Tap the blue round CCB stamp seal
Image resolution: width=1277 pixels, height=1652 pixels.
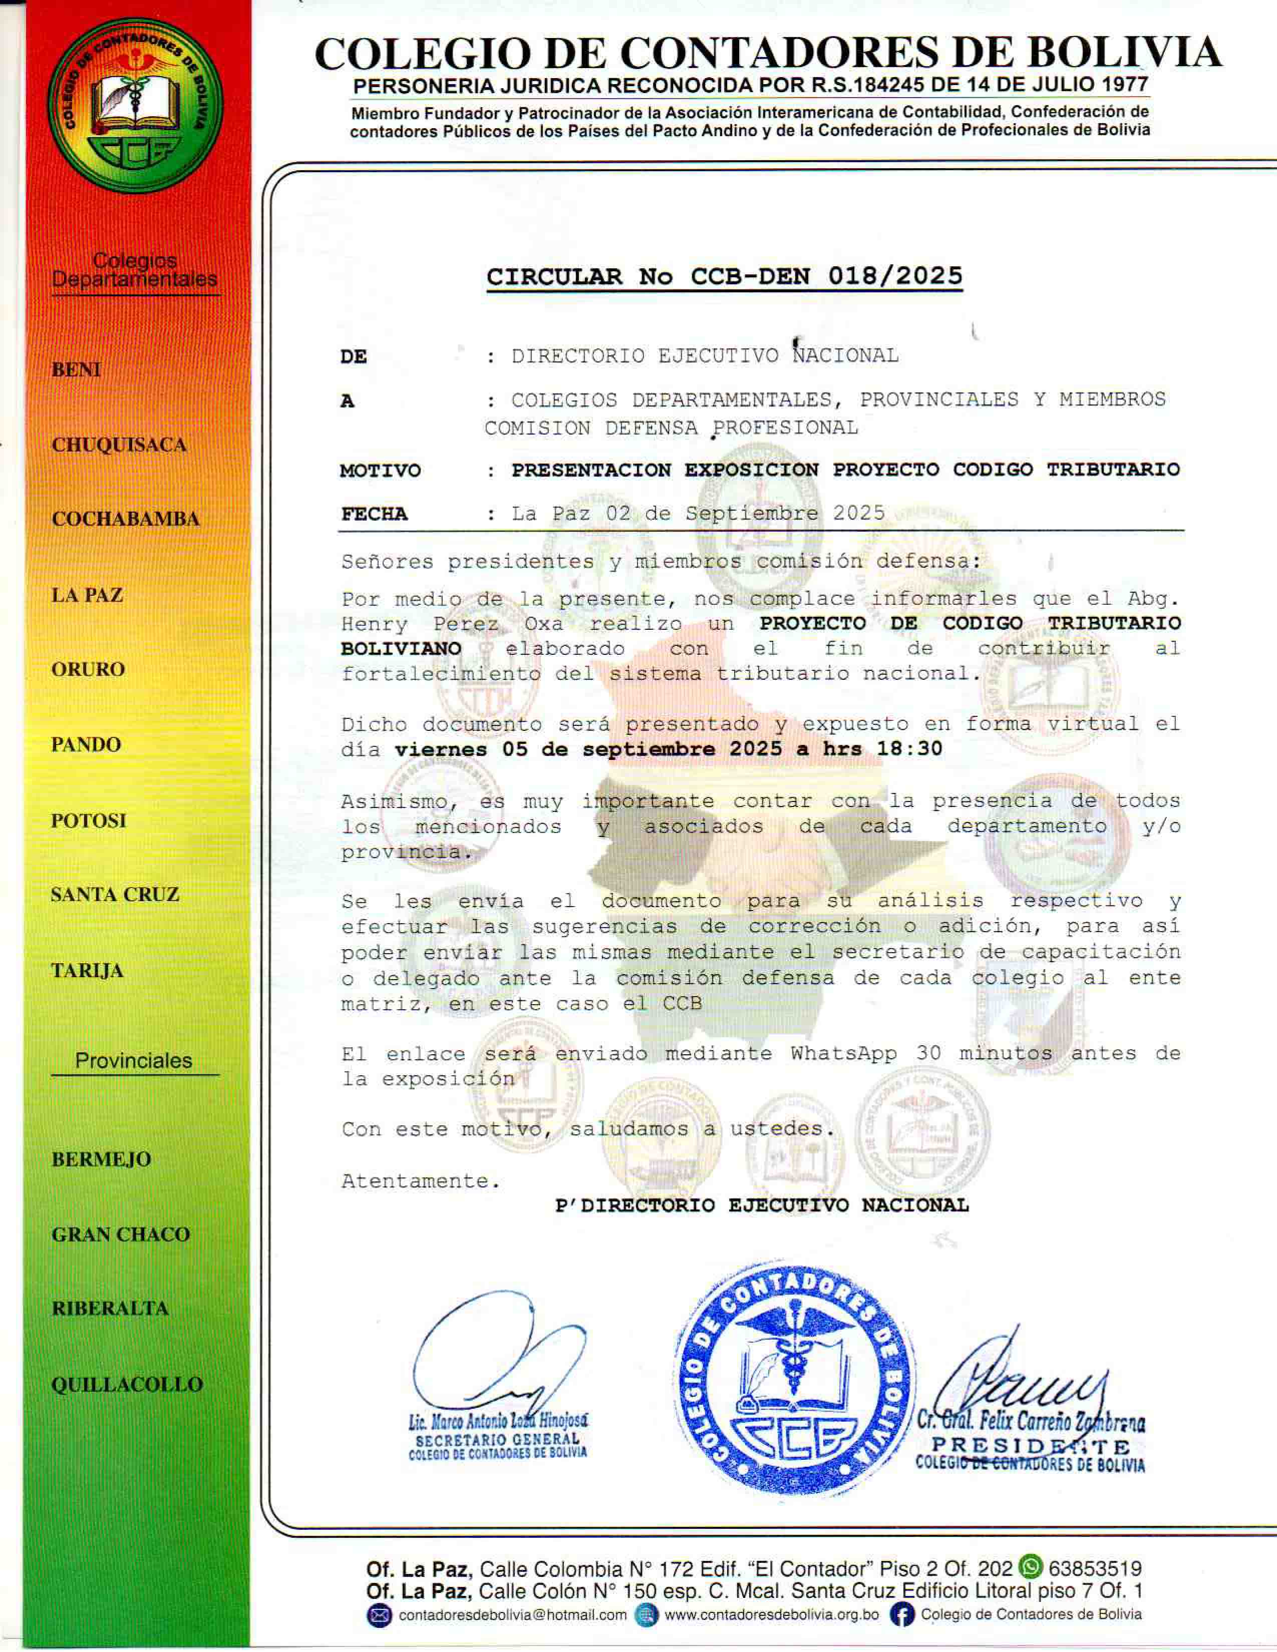(x=794, y=1377)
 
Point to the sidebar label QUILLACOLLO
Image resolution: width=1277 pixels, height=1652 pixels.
(x=127, y=1384)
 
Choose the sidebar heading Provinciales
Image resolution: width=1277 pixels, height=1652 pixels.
(x=134, y=1060)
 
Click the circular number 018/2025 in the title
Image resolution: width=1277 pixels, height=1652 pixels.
(x=895, y=276)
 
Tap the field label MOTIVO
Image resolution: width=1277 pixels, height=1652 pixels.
(x=380, y=471)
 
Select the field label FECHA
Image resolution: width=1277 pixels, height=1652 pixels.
(x=374, y=514)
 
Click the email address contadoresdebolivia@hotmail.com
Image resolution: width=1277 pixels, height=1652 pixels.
(x=512, y=1615)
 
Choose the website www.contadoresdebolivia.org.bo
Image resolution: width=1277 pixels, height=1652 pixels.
(x=771, y=1615)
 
